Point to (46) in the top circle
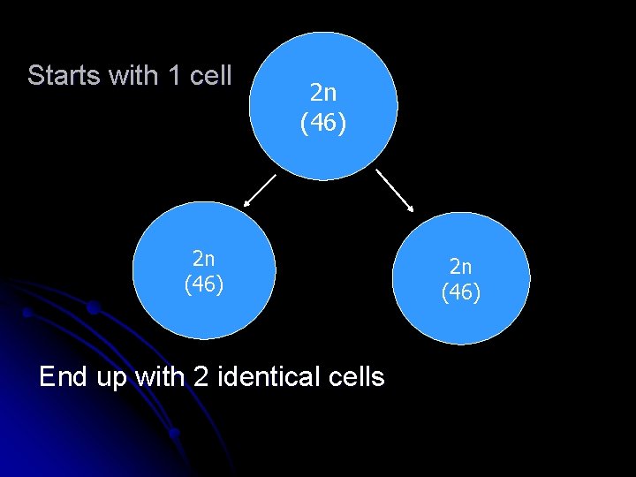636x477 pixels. point(322,123)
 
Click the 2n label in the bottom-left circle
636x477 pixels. point(204,258)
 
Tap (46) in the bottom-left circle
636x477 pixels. point(204,284)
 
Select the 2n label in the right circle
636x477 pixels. point(461,265)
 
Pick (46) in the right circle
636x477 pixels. point(461,291)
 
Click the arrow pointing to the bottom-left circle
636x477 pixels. point(261,189)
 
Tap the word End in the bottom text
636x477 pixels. point(64,377)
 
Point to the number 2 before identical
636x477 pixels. point(195,377)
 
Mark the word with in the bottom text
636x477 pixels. point(159,377)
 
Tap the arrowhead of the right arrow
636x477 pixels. point(411,208)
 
